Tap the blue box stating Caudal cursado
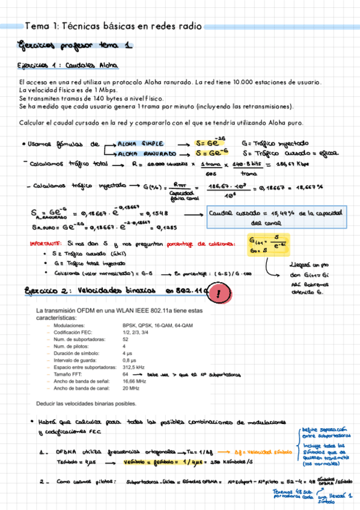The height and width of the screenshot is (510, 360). (x=276, y=217)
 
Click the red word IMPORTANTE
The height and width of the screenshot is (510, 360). (x=46, y=244)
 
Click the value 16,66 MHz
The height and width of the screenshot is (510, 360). (x=135, y=381)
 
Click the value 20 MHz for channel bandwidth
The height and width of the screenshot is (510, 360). (x=131, y=388)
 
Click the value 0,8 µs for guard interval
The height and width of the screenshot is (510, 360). (x=130, y=360)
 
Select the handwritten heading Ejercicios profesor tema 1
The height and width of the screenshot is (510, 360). (x=75, y=46)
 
